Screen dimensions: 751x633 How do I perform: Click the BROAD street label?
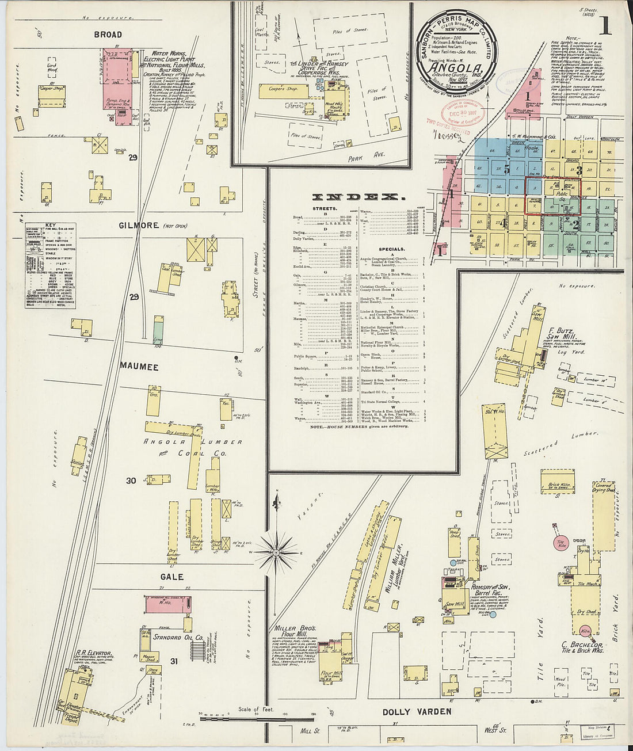[108, 35]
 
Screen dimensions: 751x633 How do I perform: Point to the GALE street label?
[172, 577]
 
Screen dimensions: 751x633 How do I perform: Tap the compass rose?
[276, 552]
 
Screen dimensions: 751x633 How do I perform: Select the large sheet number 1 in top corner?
[604, 26]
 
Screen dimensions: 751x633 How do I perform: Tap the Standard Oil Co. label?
[178, 638]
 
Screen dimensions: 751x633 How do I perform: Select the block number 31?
[174, 661]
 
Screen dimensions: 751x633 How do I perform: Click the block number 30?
[131, 481]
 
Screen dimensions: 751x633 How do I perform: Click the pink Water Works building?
[118, 86]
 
